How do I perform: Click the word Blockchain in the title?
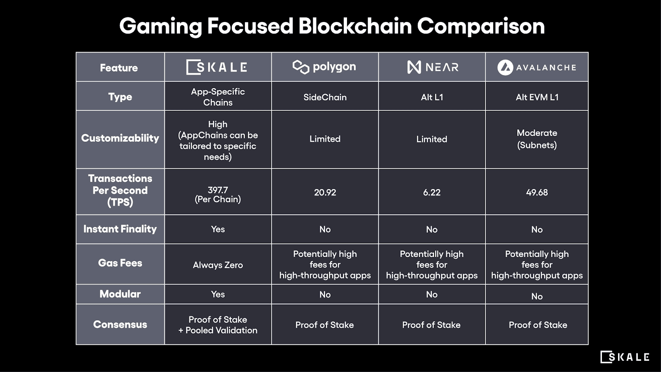(x=355, y=26)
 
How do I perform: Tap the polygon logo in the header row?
(x=324, y=67)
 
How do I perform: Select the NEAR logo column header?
(x=432, y=67)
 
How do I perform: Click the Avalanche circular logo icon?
(x=505, y=67)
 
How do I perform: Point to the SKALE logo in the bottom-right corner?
(x=625, y=357)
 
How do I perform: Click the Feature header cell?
(x=119, y=68)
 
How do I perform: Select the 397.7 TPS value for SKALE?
(x=218, y=194)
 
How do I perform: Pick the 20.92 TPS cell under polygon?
(x=325, y=193)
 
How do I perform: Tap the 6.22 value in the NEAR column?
(x=432, y=193)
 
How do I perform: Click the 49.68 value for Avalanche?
(x=537, y=193)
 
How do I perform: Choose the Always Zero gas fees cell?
(x=218, y=265)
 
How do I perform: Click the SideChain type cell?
(x=325, y=98)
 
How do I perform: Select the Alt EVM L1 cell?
(x=537, y=98)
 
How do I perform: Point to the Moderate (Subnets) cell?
(x=537, y=139)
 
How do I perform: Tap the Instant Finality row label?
(x=120, y=229)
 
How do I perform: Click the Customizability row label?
(x=120, y=138)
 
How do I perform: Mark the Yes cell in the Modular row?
(x=218, y=294)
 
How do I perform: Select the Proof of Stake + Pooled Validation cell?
(x=218, y=325)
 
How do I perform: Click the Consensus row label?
(x=120, y=324)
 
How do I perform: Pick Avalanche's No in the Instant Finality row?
(x=537, y=229)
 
